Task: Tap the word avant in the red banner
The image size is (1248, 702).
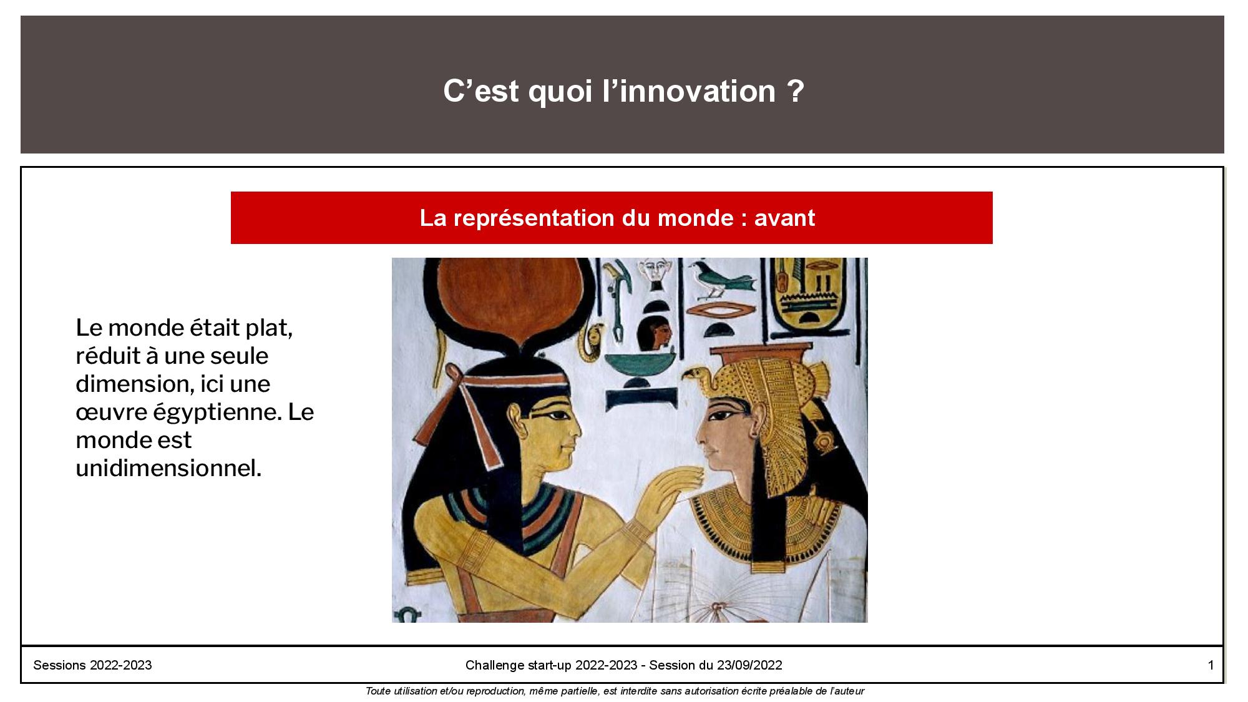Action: coord(784,218)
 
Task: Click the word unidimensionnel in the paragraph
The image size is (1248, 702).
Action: coord(168,468)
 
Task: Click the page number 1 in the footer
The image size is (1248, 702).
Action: coord(1211,665)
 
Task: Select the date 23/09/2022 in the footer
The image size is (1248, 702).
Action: coord(749,665)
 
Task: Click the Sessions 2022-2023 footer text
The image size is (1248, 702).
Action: coord(92,665)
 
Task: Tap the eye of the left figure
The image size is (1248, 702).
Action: coord(557,414)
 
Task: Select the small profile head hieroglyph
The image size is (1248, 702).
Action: coord(654,332)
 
